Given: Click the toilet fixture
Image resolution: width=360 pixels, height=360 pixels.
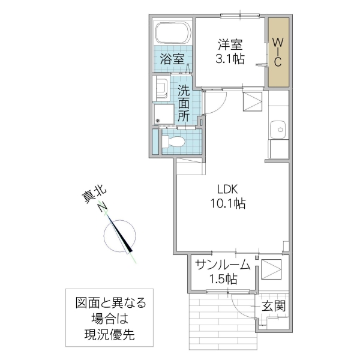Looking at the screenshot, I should tap(174, 142).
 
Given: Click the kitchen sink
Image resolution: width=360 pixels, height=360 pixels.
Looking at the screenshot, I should tap(278, 129).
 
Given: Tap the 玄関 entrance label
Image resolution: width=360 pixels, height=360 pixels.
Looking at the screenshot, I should tap(274, 307).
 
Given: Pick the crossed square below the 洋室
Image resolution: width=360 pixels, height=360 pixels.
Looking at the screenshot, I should tap(253, 101).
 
